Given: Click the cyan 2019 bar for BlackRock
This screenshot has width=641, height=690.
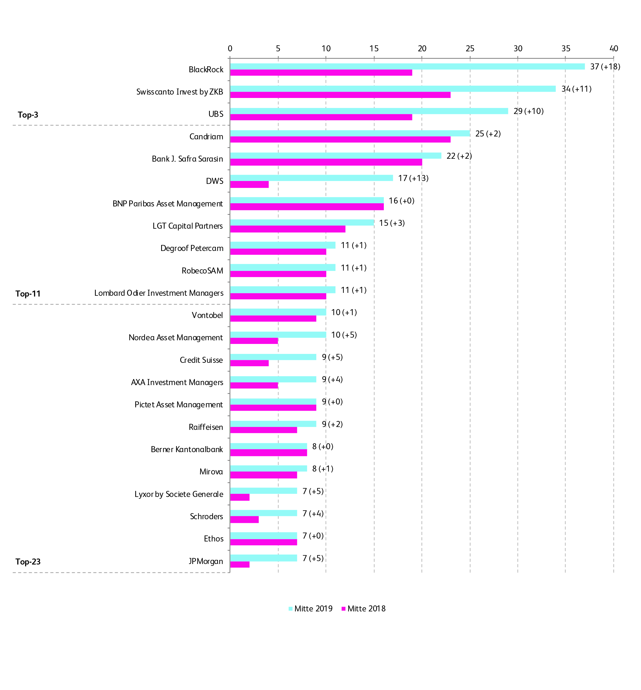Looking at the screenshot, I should [407, 66].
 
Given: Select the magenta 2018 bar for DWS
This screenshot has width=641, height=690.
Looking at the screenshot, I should [249, 184].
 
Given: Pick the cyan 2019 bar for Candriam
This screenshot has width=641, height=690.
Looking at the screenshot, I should [350, 133].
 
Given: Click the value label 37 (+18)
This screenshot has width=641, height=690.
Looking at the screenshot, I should [605, 66].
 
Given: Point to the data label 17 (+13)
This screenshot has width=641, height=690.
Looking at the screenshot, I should [413, 178].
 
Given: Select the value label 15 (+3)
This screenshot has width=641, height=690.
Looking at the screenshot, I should [392, 223].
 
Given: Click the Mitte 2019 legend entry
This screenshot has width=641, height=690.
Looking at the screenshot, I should [310, 609].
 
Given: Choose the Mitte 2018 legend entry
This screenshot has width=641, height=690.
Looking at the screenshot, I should [364, 609].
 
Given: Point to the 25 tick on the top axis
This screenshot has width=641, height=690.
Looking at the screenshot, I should [470, 48].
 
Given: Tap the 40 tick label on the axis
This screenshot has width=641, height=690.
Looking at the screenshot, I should [614, 48].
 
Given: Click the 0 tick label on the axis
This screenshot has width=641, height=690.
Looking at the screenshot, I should [230, 48].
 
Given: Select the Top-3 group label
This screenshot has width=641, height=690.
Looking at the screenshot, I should [28, 115].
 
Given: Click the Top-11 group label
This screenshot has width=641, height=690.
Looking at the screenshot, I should [28, 294].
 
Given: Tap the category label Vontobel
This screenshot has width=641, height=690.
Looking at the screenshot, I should [207, 315].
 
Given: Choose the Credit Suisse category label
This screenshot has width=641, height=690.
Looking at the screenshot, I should [201, 360].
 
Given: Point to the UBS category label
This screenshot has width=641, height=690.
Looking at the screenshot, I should [216, 114].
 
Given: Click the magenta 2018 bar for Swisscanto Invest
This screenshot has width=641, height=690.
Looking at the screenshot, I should [340, 95].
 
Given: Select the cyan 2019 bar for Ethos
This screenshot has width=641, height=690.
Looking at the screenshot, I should [263, 535].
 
